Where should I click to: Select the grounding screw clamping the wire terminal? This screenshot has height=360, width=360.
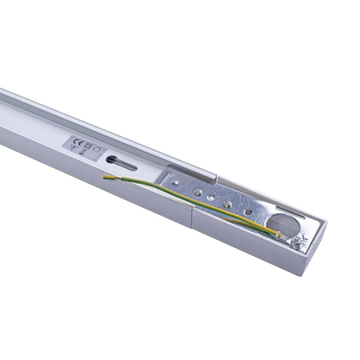point(295,240)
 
